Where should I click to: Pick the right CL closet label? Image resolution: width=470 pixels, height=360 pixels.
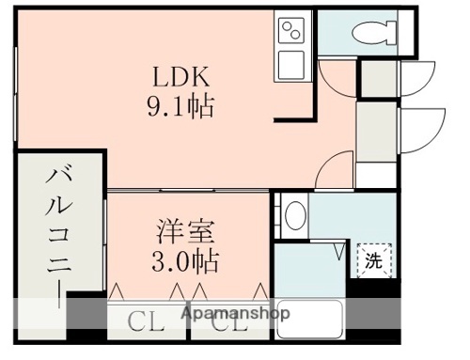[x=228, y=325]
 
